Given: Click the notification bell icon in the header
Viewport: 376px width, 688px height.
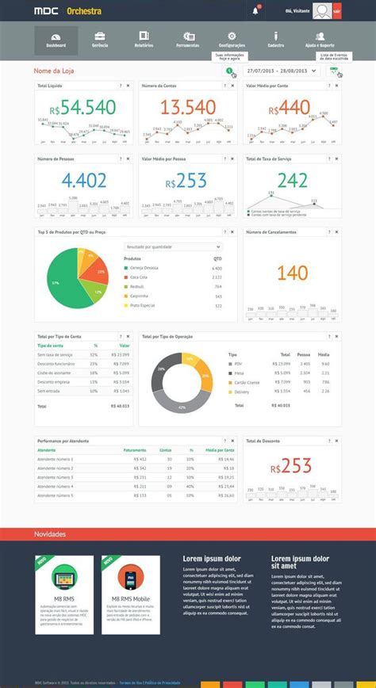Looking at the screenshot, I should [255, 10].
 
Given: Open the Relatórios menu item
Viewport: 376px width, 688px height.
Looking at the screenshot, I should [144, 40].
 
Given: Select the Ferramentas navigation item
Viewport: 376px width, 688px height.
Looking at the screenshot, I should [188, 40].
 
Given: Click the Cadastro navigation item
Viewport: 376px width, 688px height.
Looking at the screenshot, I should [276, 40].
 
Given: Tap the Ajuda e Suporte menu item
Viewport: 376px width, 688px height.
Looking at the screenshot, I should [320, 40].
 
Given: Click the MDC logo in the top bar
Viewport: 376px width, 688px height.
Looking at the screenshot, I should [45, 11].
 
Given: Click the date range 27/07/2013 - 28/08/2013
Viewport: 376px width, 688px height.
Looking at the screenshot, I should [280, 71].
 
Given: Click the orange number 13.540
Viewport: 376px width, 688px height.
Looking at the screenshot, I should [187, 108].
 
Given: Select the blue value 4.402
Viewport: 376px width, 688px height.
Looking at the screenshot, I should [83, 180].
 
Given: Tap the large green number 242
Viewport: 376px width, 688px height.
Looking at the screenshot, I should [293, 180].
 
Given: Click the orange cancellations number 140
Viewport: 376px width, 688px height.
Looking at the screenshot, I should [293, 273].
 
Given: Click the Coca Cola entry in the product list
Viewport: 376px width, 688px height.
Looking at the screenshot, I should [139, 277].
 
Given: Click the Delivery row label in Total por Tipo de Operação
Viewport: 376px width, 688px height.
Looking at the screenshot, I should [243, 391].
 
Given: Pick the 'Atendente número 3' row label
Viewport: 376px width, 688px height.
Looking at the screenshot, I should [56, 478].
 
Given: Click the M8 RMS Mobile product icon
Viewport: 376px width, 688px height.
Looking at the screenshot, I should [130, 577].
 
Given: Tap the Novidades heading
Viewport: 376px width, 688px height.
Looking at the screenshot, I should [50, 534].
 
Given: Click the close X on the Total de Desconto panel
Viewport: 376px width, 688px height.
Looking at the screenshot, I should [339, 440].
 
